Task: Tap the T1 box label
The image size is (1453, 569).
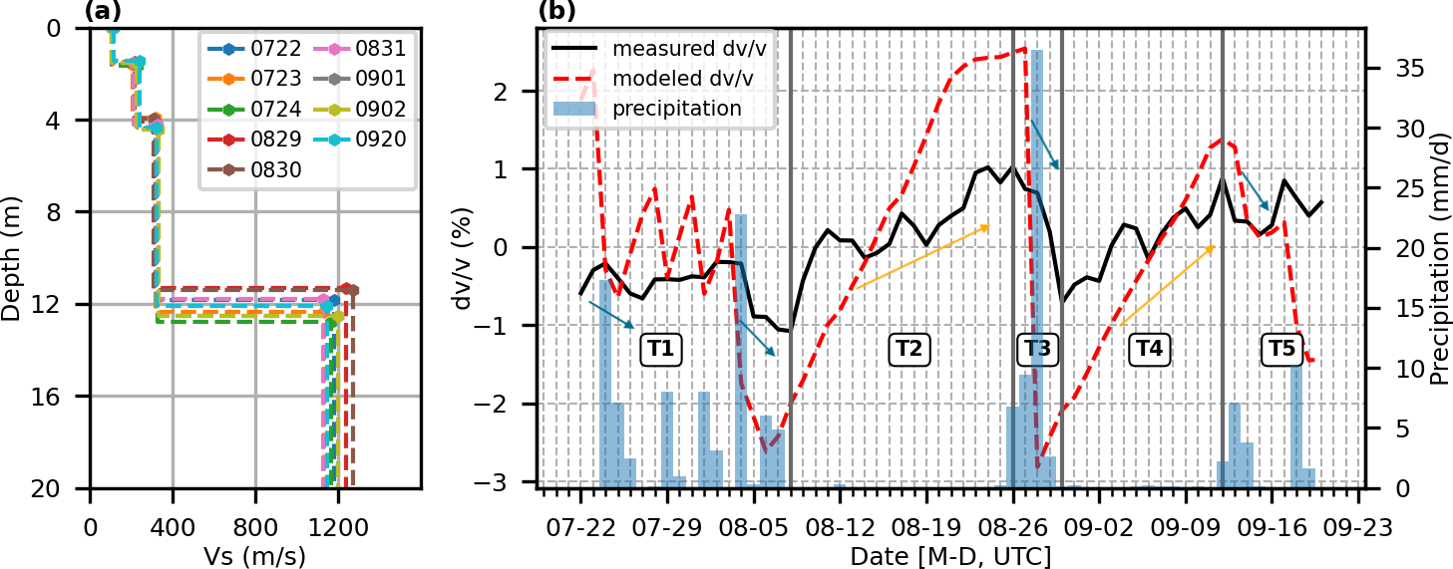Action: click(x=659, y=349)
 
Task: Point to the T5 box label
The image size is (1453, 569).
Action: click(x=1281, y=349)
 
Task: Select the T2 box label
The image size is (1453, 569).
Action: click(x=908, y=349)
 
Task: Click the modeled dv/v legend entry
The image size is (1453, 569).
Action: click(x=669, y=78)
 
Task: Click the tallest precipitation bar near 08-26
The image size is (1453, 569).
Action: click(x=1037, y=269)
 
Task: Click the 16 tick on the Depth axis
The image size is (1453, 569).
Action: click(x=62, y=397)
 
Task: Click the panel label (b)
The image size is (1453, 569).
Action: click(x=556, y=11)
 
